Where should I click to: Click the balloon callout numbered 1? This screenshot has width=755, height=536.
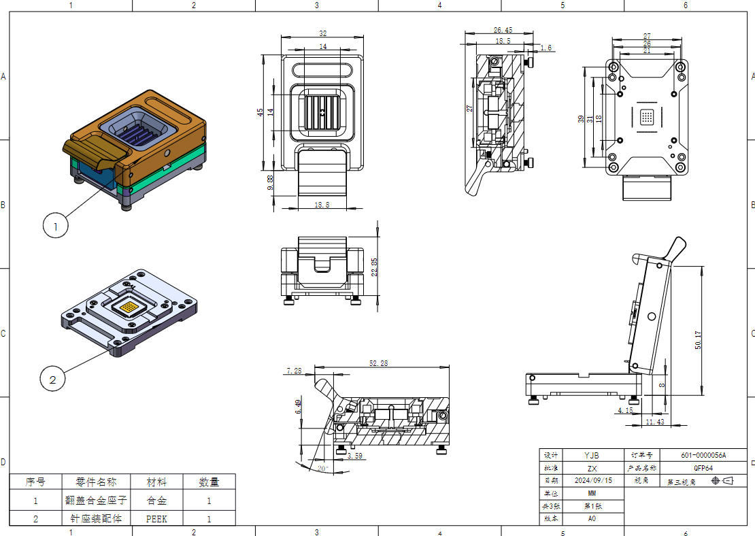[x=56, y=224]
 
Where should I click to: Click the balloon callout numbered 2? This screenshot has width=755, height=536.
[x=53, y=379]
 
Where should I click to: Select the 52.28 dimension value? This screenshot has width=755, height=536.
[x=378, y=364]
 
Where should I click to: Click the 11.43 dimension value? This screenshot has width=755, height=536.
[x=654, y=422]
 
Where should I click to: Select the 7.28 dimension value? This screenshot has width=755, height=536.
[x=295, y=371]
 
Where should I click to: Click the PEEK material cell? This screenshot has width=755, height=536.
[x=156, y=518]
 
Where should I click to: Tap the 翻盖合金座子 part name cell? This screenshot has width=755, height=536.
[x=96, y=500]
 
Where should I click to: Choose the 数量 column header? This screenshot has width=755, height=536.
[x=209, y=482]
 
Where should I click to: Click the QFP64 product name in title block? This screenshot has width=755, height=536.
[x=703, y=468]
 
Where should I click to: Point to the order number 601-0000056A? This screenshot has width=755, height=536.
[x=703, y=455]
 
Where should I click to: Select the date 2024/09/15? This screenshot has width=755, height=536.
[x=593, y=480]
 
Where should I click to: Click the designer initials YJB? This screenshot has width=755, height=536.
[x=593, y=455]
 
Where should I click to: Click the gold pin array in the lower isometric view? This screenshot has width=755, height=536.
[x=129, y=308]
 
